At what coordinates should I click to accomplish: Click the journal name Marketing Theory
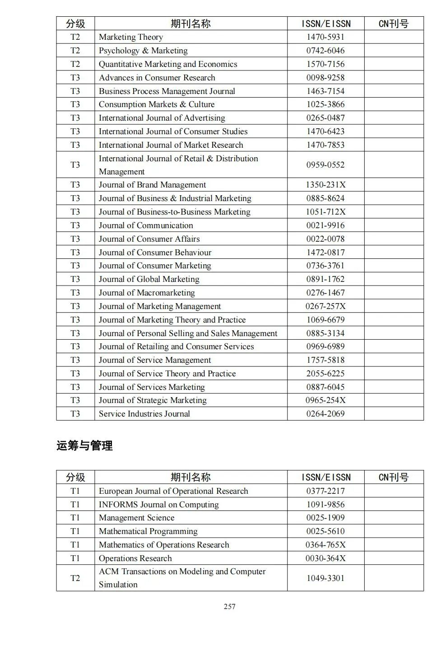pyautogui.click(x=130, y=37)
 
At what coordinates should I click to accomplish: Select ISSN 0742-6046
pyautogui.click(x=325, y=51)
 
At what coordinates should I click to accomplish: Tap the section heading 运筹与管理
pyautogui.click(x=84, y=445)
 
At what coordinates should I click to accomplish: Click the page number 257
pyautogui.click(x=229, y=606)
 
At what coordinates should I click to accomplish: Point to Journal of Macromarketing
pyautogui.click(x=147, y=293)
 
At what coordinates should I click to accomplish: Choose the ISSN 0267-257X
pyautogui.click(x=325, y=306)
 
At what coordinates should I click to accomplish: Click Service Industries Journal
pyautogui.click(x=144, y=414)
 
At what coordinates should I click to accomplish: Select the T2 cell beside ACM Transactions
pyautogui.click(x=75, y=578)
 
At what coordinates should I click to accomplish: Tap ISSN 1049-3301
pyautogui.click(x=325, y=578)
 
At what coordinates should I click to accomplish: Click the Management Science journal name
pyautogui.click(x=136, y=518)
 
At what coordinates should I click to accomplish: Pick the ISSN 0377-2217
pyautogui.click(x=325, y=491)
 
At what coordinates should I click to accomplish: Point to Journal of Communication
pyautogui.click(x=146, y=225)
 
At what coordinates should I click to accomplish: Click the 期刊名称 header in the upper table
pyautogui.click(x=190, y=23)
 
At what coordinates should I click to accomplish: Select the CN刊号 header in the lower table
pyautogui.click(x=393, y=477)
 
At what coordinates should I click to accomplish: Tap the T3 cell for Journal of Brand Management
pyautogui.click(x=75, y=185)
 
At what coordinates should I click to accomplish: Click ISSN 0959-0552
pyautogui.click(x=325, y=165)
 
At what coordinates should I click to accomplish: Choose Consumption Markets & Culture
pyautogui.click(x=157, y=104)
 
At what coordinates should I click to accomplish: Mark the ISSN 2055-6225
pyautogui.click(x=325, y=374)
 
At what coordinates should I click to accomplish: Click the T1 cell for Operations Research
pyautogui.click(x=75, y=558)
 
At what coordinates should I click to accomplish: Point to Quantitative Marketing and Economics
pyautogui.click(x=168, y=64)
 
